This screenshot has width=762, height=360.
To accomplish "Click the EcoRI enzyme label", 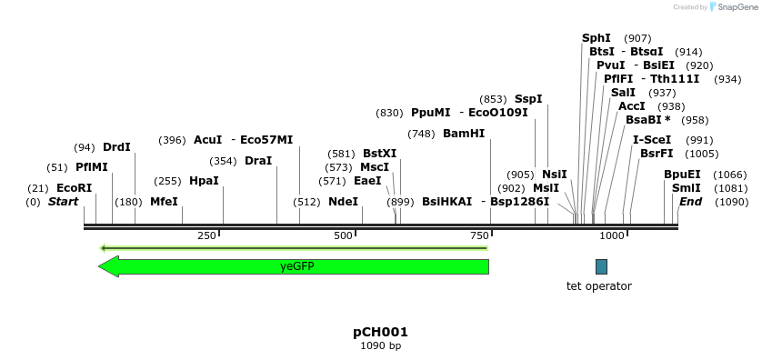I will point(75,188).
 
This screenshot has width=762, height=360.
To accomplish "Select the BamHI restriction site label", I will point(464,134).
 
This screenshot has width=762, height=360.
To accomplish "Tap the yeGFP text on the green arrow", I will point(297,266).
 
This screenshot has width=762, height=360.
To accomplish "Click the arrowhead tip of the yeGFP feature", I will point(100,266).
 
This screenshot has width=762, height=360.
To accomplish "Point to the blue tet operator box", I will point(601,266).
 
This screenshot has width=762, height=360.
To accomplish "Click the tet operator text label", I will point(598,286).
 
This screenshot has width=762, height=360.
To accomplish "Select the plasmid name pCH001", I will point(380,332).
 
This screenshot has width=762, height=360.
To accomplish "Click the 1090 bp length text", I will point(380,345).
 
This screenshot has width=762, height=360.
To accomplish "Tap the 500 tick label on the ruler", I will point(343,236).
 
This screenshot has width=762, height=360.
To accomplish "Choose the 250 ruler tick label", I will point(206,236).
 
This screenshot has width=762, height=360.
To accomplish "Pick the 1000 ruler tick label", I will point(613,236).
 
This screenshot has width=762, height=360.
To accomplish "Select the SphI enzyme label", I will point(597,38).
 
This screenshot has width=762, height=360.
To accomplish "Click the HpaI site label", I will point(204,181).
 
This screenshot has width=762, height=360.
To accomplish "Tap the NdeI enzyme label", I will point(343,202).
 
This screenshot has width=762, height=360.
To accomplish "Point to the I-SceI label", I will point(652,140).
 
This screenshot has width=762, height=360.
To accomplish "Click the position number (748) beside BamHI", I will point(421,134).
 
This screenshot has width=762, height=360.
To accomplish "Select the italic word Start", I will point(64,202).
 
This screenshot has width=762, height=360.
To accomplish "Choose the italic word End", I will point(691,202).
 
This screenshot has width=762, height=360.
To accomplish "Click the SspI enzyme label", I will point(528,99).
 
